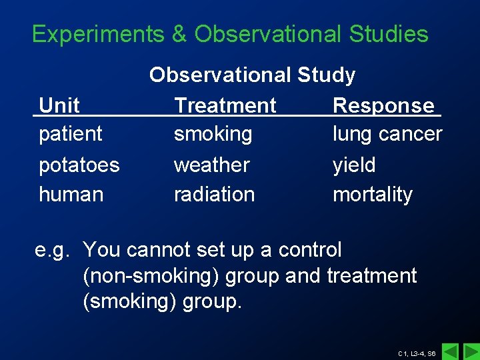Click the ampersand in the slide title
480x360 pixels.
(179, 34)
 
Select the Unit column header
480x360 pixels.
(59, 105)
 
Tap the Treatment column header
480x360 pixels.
(225, 105)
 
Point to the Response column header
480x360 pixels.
(383, 105)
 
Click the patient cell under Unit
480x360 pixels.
(70, 134)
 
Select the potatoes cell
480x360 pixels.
(79, 165)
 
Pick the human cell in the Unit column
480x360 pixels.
(71, 195)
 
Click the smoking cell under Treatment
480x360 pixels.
(213, 134)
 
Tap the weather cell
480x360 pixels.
(211, 165)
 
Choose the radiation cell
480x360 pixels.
(214, 195)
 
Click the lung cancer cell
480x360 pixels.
(387, 134)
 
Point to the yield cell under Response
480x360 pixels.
(354, 165)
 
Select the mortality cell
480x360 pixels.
(372, 195)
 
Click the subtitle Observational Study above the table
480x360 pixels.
(252, 75)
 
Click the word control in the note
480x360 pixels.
(309, 250)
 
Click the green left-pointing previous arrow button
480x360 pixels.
(451, 351)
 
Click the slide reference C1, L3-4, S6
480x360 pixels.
(417, 353)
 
